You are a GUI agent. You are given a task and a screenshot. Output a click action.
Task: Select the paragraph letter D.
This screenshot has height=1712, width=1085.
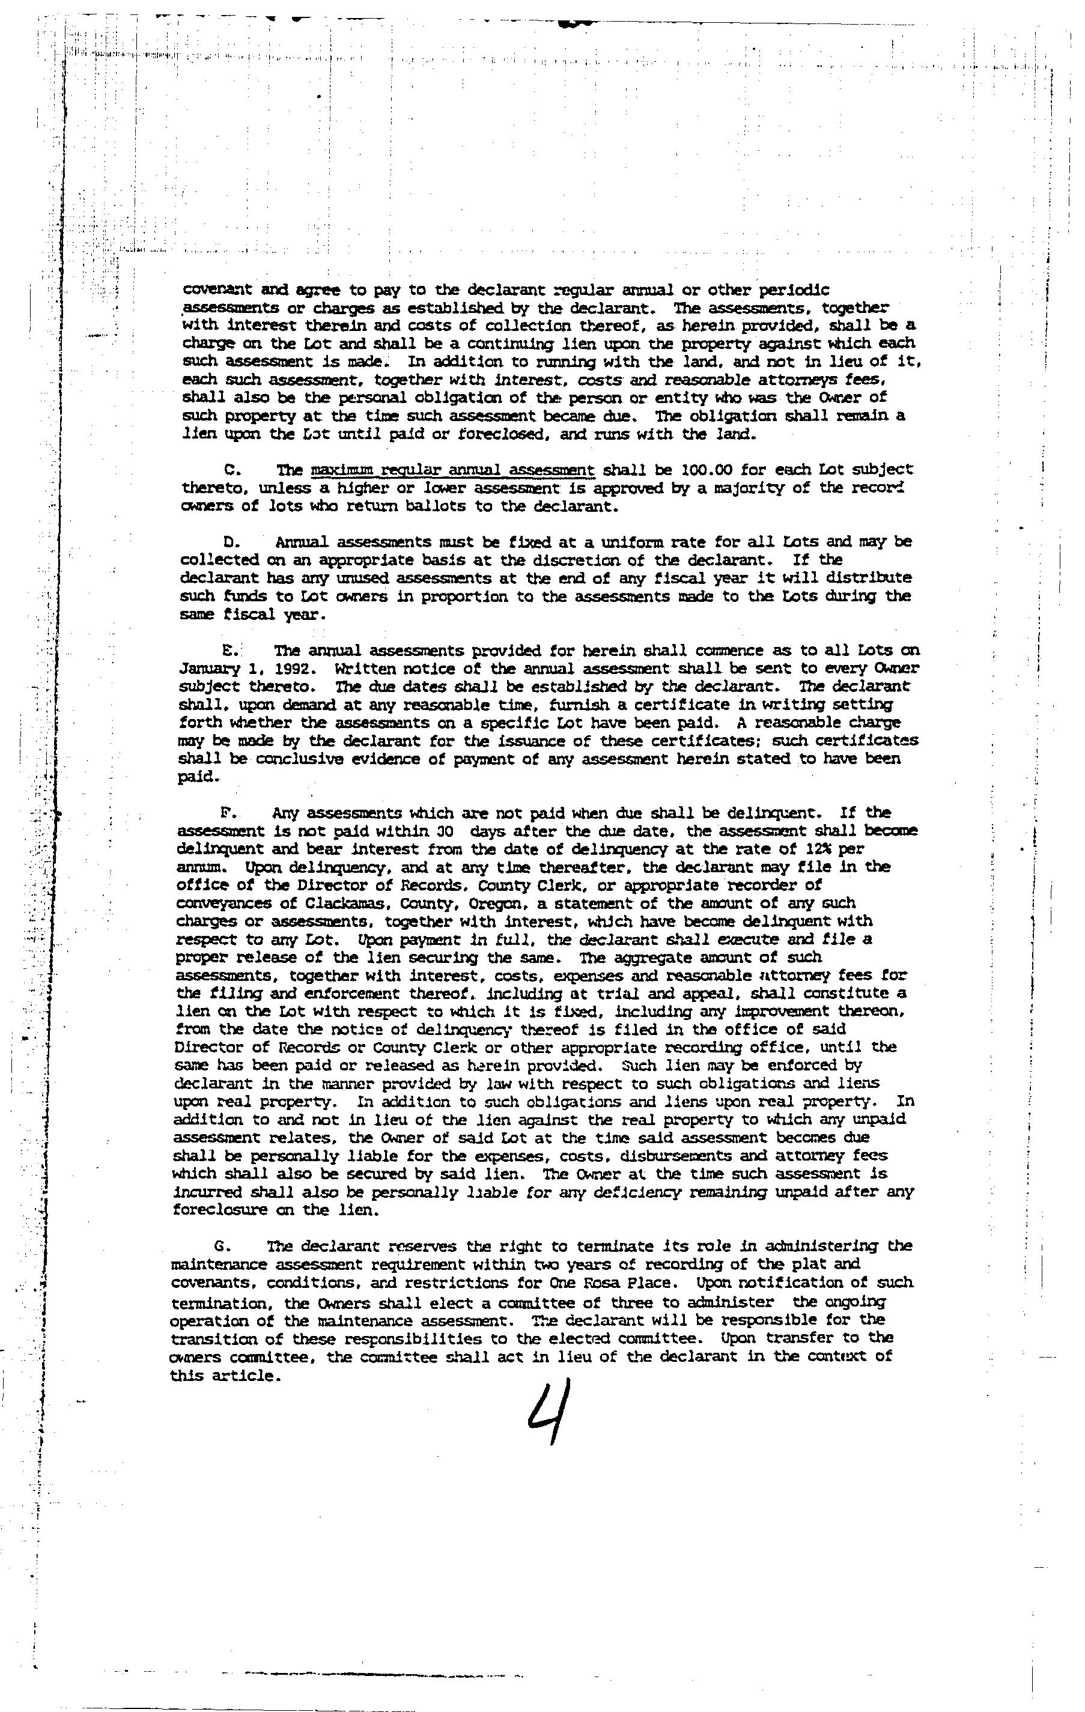(228, 542)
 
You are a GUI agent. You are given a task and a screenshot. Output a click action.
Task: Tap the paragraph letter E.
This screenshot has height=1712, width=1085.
(229, 651)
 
